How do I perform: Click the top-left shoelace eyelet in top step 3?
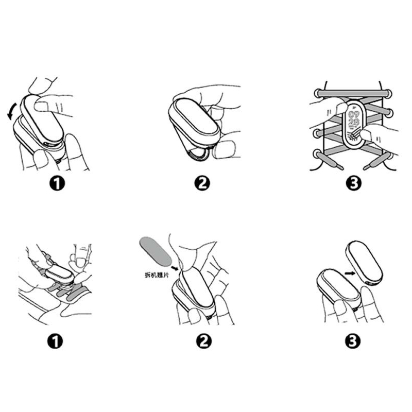315,93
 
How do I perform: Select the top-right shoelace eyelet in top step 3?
388,93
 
